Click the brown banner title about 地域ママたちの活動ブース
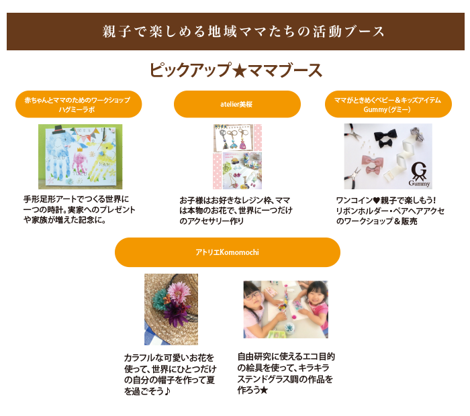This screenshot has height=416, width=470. (243, 32)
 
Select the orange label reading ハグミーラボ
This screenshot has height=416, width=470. (79, 104)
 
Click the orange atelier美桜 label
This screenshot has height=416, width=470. (237, 104)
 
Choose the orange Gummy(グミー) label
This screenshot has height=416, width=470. (388, 104)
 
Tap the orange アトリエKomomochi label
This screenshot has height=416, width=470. (228, 252)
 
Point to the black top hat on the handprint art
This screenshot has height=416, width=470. (59, 129)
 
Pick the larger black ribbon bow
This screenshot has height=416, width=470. (385, 134)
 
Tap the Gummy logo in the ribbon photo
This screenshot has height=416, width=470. (419, 174)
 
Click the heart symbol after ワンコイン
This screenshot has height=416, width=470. (376, 201)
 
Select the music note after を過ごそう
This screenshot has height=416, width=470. (167, 391)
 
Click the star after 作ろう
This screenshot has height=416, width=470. (264, 391)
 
